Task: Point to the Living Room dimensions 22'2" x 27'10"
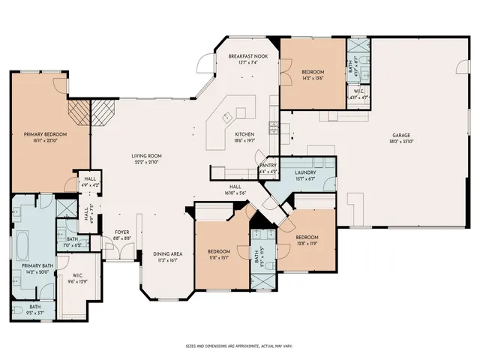point(148,161)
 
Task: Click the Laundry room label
point(304,172)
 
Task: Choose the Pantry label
point(268,166)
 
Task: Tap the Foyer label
point(122,232)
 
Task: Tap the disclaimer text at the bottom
point(239,346)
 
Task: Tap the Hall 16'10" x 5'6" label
point(234,189)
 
